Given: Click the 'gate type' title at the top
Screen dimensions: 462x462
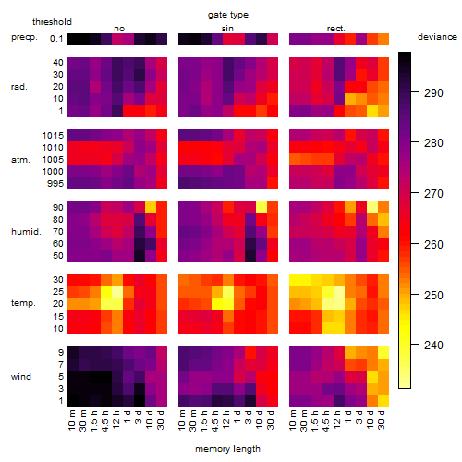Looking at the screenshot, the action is click(x=228, y=15).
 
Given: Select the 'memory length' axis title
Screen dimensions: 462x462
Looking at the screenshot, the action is click(x=227, y=449).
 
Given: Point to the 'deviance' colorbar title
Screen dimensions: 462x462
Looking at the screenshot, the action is click(x=437, y=37).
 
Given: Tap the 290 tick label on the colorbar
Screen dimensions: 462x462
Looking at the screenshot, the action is click(x=433, y=92).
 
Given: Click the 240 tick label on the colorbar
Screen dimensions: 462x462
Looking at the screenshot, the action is click(x=433, y=346).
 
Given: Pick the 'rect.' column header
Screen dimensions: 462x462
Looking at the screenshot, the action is click(x=335, y=29).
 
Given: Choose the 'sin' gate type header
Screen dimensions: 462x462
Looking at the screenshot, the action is click(x=227, y=29).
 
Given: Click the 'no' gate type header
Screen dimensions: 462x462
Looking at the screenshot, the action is click(x=119, y=29).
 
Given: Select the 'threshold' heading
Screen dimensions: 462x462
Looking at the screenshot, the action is click(x=52, y=22).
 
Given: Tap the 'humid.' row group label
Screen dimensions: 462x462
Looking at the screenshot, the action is click(x=26, y=232).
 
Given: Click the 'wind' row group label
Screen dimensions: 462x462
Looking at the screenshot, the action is click(x=21, y=377).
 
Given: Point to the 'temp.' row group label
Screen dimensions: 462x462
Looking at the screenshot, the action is click(x=23, y=303).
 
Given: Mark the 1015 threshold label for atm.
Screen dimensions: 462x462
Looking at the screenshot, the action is click(x=53, y=135).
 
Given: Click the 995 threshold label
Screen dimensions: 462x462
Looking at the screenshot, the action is click(x=55, y=184).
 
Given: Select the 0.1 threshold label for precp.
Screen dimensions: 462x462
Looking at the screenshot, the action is click(x=56, y=39).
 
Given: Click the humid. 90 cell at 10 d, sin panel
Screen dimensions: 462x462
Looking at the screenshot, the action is click(x=261, y=208).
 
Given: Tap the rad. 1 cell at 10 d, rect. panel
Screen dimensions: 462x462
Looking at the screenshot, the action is click(x=372, y=111).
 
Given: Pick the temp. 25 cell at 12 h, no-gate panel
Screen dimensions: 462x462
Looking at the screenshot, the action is click(x=117, y=292).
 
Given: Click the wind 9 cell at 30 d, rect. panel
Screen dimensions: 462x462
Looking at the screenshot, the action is click(x=383, y=353).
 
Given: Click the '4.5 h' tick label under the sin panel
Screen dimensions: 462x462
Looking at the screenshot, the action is click(x=215, y=420).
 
